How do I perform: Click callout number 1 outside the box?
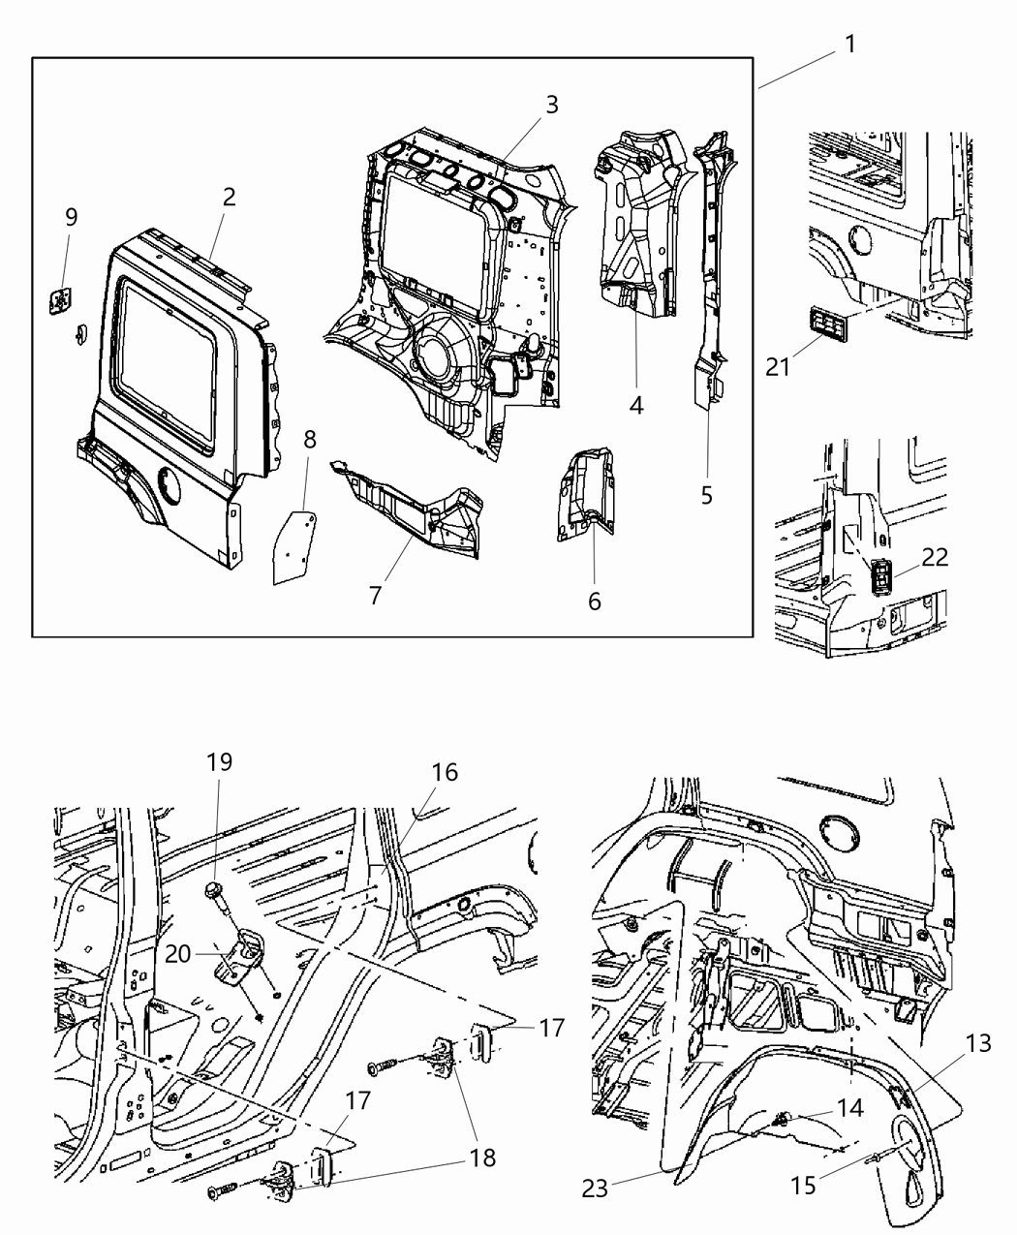pos(849,45)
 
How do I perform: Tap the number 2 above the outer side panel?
pos(229,197)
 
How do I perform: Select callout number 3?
pos(551,105)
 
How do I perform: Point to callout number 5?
pos(706,495)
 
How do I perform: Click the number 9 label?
pos(71,217)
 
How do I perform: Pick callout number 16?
pos(445,772)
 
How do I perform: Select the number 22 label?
pos(935,557)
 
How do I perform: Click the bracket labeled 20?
pos(242,954)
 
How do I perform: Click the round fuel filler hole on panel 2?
pos(169,483)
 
